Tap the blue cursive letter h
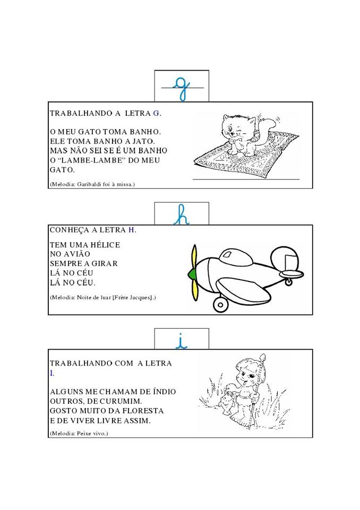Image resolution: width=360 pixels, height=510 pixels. (182, 216)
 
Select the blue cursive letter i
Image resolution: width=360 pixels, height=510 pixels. (182, 343)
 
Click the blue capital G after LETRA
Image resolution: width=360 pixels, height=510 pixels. (156, 113)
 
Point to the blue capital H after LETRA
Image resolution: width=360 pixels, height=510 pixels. (131, 230)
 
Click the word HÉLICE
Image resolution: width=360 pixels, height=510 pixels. (100, 244)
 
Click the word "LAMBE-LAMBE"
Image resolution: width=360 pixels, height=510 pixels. (91, 160)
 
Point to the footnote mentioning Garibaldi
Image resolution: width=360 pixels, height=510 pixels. (92, 184)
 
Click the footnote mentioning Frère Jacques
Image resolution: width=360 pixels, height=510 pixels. (103, 297)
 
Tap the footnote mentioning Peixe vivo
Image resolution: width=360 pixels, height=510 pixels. (79, 433)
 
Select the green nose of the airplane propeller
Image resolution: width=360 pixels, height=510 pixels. (192, 274)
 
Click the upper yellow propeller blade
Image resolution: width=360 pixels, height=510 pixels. (194, 257)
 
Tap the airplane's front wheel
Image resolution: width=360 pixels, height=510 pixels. (220, 304)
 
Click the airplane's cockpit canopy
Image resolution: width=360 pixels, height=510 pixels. (236, 256)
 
